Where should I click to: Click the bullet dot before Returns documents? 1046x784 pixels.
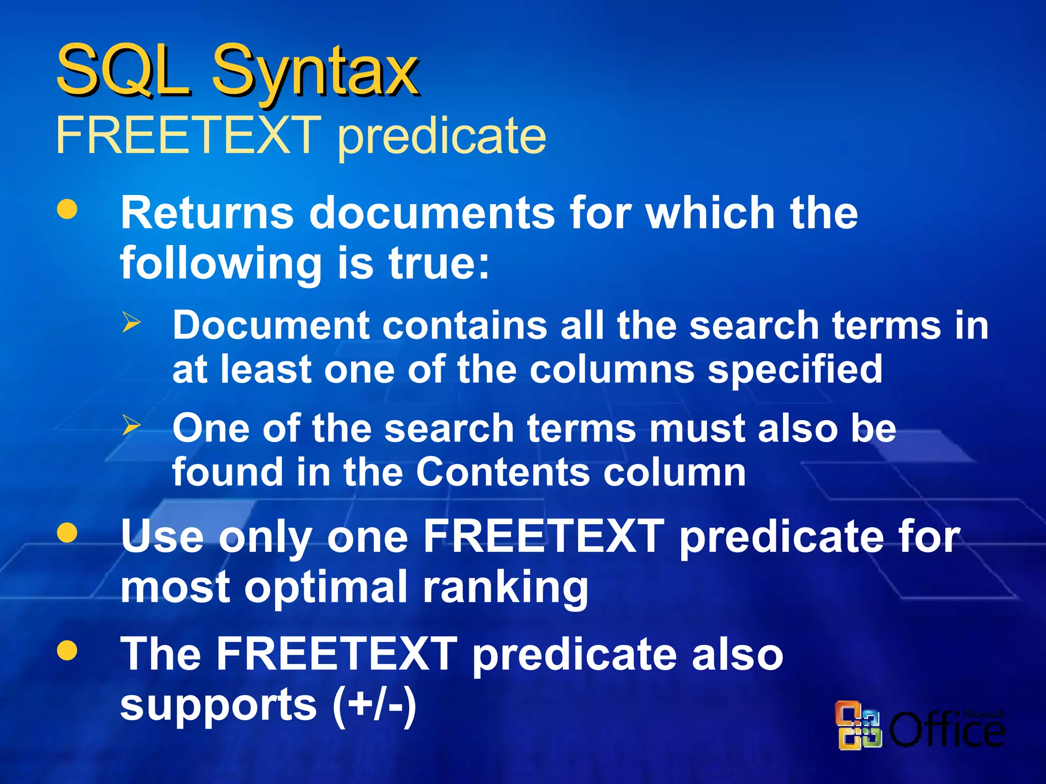(67, 209)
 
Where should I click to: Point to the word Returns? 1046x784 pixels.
(207, 213)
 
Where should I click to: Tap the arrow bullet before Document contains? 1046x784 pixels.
(131, 323)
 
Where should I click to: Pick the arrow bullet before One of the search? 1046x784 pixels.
(131, 425)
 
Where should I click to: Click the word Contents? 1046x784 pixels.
(503, 472)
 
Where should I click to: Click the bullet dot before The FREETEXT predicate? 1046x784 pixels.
(67, 651)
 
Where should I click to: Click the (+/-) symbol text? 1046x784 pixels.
(374, 706)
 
